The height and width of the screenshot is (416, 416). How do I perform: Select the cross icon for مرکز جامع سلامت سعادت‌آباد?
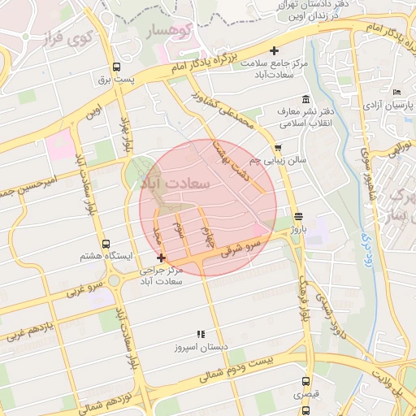pos(274,50)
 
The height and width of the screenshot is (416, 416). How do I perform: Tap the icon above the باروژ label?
pos(300,216)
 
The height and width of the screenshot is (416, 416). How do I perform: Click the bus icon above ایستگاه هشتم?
pos(106,244)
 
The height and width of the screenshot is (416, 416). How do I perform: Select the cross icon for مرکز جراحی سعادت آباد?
pos(161,258)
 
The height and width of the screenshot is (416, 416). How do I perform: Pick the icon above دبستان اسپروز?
pos(201,334)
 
